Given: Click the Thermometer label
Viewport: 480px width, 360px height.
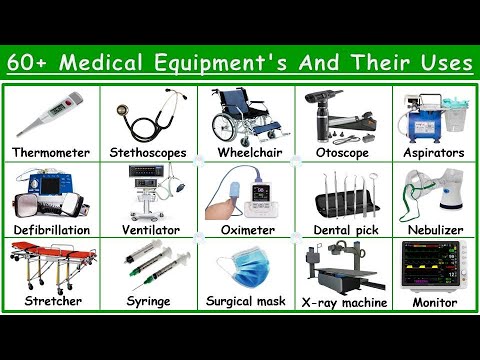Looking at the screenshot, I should (x=51, y=154).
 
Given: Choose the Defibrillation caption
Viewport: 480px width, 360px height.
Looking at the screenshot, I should (x=51, y=229).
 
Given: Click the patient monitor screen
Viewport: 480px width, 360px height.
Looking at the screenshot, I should (x=432, y=262).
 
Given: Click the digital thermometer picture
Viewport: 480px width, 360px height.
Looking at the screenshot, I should (x=51, y=115).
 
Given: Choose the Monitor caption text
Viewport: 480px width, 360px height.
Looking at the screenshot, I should (x=432, y=300).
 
